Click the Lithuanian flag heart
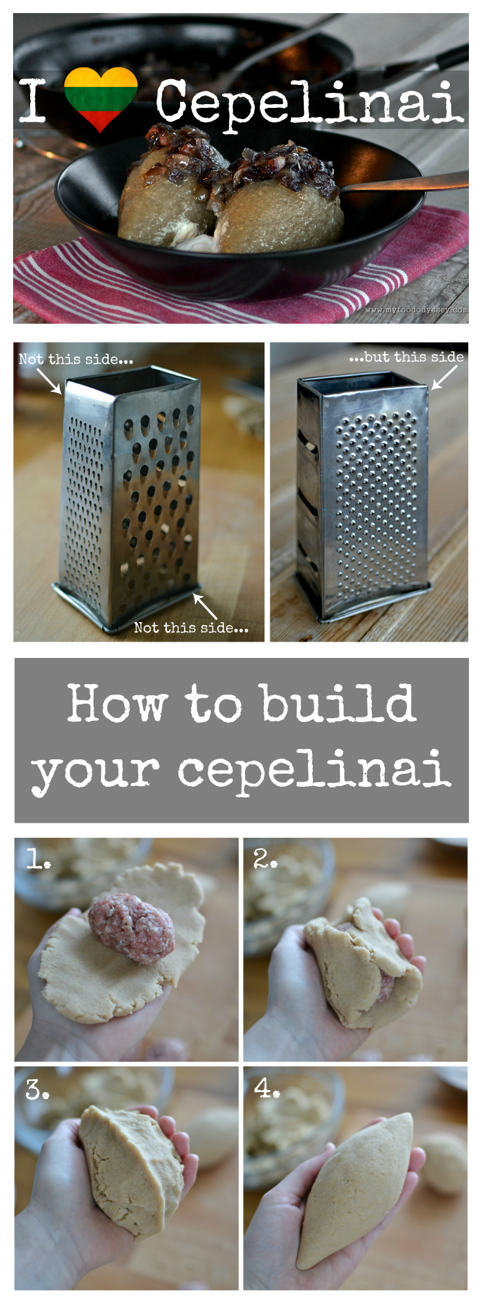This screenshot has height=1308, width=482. coord(100,99)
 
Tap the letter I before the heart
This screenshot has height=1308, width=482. coord(32,100)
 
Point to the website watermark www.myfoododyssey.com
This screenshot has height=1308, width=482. coord(417,310)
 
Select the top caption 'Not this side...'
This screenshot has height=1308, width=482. coord(76,359)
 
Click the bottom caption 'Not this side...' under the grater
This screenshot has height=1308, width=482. coord(191,628)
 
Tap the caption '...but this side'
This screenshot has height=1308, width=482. coord(406,357)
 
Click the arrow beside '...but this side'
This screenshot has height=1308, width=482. coord(444,377)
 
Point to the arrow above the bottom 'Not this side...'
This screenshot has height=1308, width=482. coord(205,606)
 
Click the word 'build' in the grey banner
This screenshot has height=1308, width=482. coord(339,704)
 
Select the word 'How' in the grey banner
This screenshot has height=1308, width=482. coord(117,704)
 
